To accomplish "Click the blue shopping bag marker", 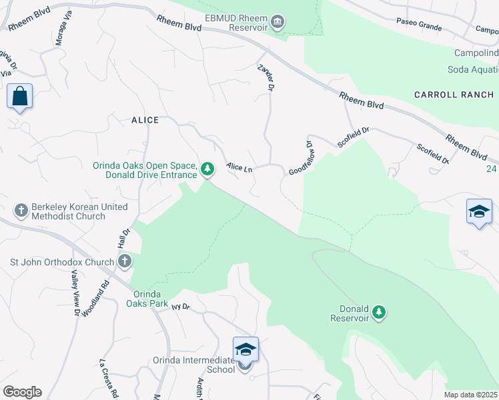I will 20,96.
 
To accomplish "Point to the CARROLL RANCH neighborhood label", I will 454,95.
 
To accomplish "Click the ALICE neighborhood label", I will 145,120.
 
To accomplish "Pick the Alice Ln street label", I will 239,167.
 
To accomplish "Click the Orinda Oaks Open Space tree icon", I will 207,169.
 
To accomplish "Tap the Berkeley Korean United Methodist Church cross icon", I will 21,211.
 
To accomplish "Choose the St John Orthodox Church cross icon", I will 124,262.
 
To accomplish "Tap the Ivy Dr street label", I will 181,307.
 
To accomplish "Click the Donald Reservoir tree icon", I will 379,312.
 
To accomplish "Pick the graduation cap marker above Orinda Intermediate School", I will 245,349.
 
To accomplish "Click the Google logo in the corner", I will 22,392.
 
